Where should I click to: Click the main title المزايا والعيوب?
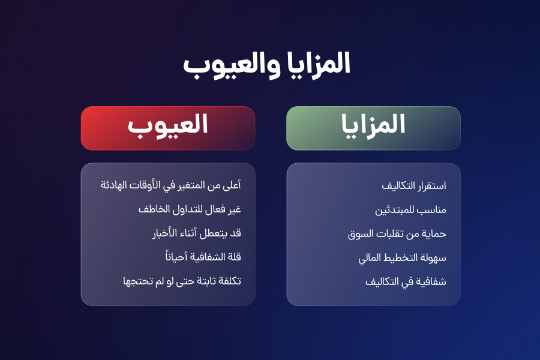click(266, 65)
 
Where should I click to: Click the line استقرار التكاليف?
click(413, 185)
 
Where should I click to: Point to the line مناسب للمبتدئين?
click(410, 210)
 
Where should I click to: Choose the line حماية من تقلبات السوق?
click(397, 234)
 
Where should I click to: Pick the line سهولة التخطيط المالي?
click(402, 258)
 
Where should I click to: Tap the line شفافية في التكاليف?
click(406, 282)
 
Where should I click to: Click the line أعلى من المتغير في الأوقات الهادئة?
click(171, 185)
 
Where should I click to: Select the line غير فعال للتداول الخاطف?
click(190, 209)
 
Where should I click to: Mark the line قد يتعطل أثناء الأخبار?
click(197, 233)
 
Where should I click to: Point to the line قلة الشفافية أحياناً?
click(203, 257)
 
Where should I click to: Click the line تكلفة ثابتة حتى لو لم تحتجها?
click(182, 281)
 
